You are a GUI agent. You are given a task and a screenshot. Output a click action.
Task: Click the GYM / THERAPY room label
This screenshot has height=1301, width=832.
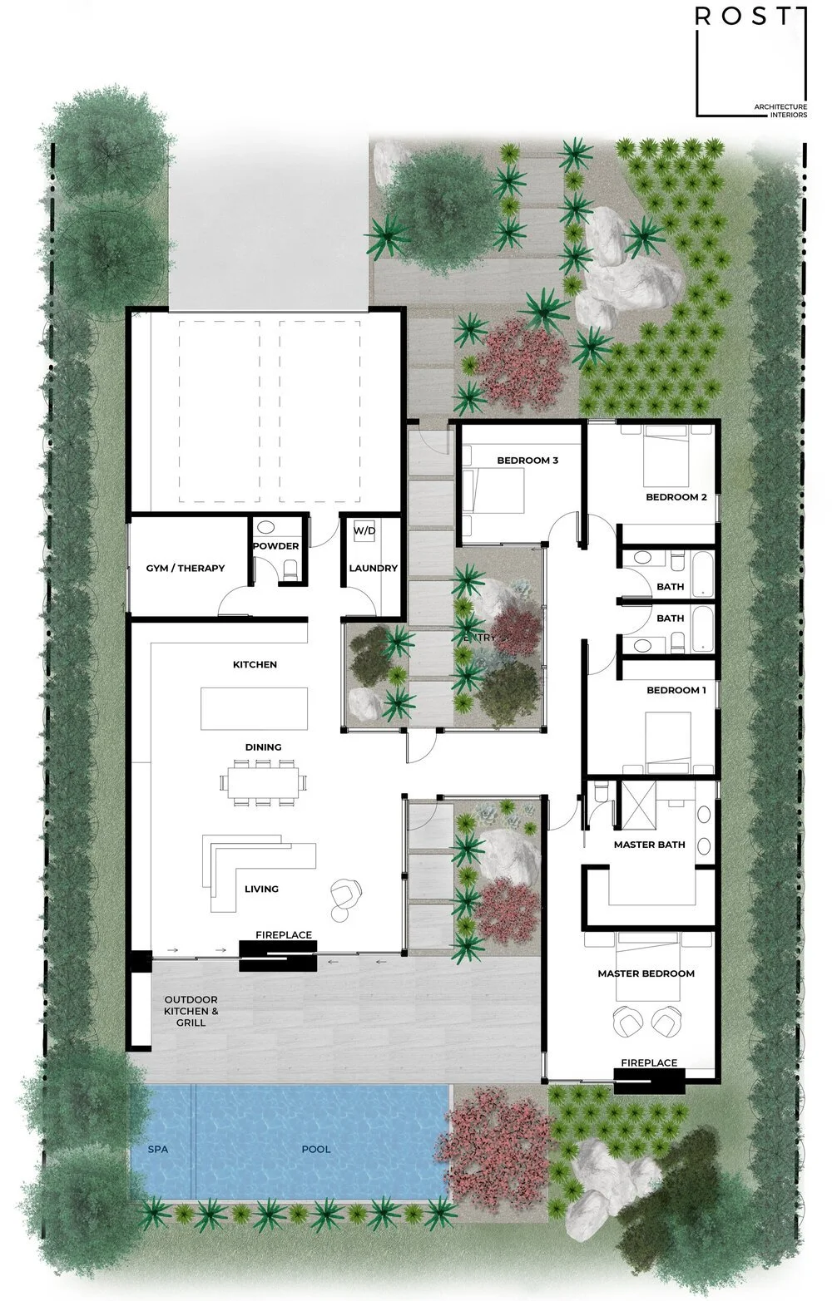pyautogui.click(x=186, y=569)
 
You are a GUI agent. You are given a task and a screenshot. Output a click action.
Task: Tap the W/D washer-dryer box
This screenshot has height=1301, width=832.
pyautogui.click(x=364, y=531)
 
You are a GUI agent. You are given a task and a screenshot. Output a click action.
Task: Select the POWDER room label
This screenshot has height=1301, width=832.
pyautogui.click(x=276, y=546)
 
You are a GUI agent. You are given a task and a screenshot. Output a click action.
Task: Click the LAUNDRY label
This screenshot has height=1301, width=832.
pyautogui.click(x=373, y=569)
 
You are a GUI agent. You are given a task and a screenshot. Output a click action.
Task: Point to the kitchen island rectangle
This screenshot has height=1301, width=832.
pyautogui.click(x=254, y=707)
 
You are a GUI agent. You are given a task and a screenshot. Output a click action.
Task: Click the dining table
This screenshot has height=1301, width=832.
pyautogui.click(x=262, y=781)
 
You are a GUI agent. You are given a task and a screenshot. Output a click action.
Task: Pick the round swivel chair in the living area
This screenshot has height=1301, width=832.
pyautogui.click(x=346, y=893)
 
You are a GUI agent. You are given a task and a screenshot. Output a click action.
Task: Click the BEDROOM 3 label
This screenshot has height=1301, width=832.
pyautogui.click(x=527, y=461)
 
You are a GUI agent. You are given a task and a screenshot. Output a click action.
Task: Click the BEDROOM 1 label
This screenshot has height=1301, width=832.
pyautogui.click(x=676, y=691)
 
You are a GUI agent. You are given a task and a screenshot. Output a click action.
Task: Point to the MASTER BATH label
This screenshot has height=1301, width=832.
pyautogui.click(x=650, y=845)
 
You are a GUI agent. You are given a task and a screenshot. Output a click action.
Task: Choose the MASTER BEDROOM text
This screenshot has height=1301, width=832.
pyautogui.click(x=646, y=973)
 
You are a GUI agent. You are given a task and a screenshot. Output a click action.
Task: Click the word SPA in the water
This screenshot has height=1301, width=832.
pyautogui.click(x=158, y=1150)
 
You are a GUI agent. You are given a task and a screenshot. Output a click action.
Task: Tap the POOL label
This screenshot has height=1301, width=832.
pyautogui.click(x=316, y=1150)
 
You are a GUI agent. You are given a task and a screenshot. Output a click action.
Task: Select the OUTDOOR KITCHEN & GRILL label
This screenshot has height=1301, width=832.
pyautogui.click(x=191, y=1011)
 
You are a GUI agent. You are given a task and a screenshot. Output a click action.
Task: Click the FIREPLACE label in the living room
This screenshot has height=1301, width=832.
pyautogui.click(x=284, y=935)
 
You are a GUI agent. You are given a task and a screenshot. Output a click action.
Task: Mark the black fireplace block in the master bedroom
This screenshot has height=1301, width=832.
pyautogui.click(x=649, y=1082)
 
